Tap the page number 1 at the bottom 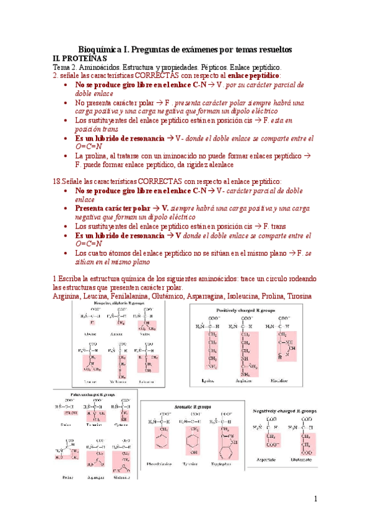(x=315, y=498)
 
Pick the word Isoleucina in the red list (x=237, y=296)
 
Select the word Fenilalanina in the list (x=132, y=296)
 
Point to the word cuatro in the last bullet (x=102, y=253)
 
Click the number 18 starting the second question (x=57, y=181)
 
